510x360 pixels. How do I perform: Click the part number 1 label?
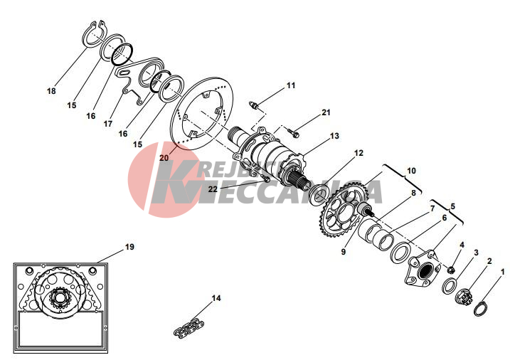(502, 271)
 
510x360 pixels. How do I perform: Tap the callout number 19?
(129, 247)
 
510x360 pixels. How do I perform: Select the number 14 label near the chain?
(216, 298)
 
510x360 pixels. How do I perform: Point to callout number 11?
(290, 85)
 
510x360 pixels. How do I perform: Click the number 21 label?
(326, 112)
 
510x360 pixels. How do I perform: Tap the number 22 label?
(213, 189)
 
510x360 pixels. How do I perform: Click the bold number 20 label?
(164, 157)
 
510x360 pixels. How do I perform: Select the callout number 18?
(51, 91)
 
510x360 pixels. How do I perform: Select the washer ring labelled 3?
(450, 286)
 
